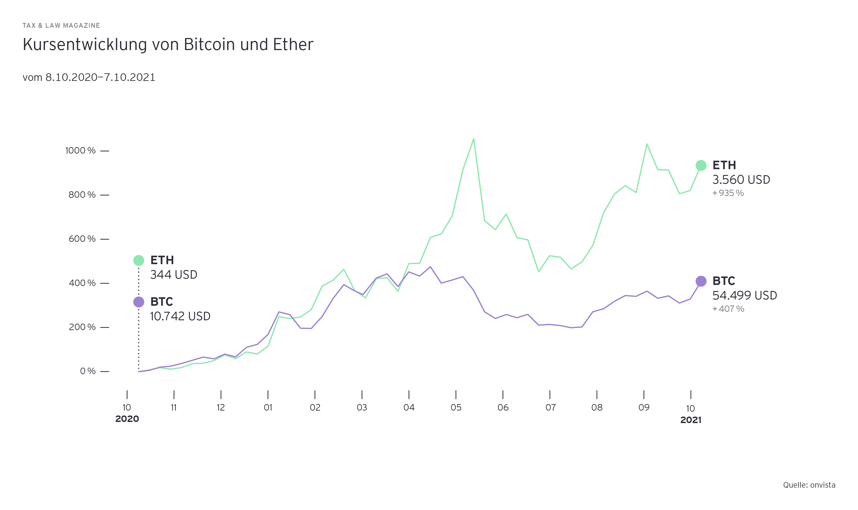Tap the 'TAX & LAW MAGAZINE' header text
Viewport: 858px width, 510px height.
tap(61, 25)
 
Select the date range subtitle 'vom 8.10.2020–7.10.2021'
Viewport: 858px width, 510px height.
tap(89, 77)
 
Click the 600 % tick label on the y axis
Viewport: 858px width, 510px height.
tap(82, 239)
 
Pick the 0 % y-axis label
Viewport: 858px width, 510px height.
tap(88, 371)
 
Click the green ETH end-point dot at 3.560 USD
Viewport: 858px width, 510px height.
tap(701, 165)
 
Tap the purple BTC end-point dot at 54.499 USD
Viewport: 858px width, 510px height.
tap(701, 281)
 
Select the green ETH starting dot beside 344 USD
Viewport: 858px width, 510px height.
tap(139, 260)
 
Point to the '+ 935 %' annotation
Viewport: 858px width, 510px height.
tap(728, 193)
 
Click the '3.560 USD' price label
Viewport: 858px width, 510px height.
tap(741, 179)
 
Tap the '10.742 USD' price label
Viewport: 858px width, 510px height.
tap(180, 316)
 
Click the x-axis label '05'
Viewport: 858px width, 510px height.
tap(456, 408)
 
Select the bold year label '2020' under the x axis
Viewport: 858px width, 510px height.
tap(127, 419)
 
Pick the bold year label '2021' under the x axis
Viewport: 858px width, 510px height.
tap(691, 420)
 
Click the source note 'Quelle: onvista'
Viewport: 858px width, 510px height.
tap(809, 485)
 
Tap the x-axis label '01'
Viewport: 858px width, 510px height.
tap(268, 408)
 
